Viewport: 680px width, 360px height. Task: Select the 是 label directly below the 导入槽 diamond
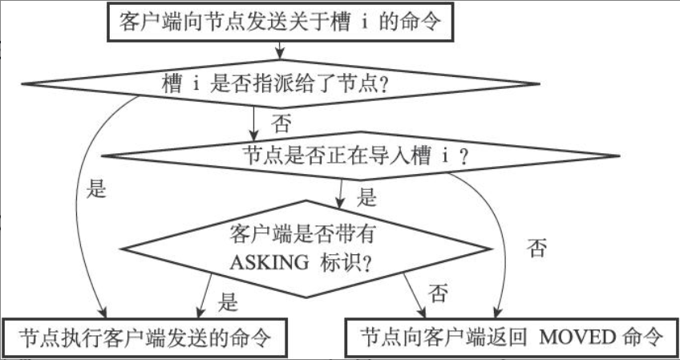366,196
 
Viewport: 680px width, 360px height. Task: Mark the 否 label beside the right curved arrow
537,248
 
